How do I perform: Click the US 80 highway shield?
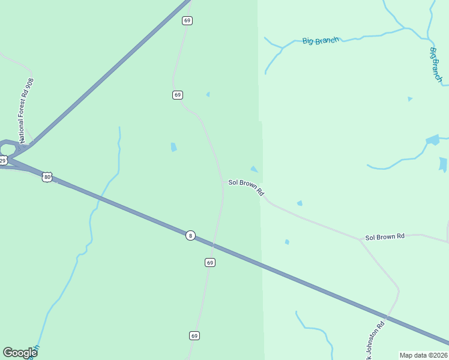[47, 176]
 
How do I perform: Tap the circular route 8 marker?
[190, 236]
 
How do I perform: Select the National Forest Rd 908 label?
[25, 110]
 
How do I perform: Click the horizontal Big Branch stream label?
[321, 41]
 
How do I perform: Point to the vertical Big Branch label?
[436, 64]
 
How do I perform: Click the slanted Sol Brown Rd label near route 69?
[246, 187]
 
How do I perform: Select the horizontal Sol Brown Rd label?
[385, 237]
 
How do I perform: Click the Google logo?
[20, 353]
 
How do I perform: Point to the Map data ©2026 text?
[423, 355]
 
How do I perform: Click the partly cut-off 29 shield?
[3, 160]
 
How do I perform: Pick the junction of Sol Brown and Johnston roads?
[361, 241]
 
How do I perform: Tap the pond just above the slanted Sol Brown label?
[254, 169]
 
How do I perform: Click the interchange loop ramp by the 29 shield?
[8, 148]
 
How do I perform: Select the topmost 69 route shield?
[187, 20]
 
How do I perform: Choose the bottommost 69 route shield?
[194, 335]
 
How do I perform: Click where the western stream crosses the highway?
[101, 197]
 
